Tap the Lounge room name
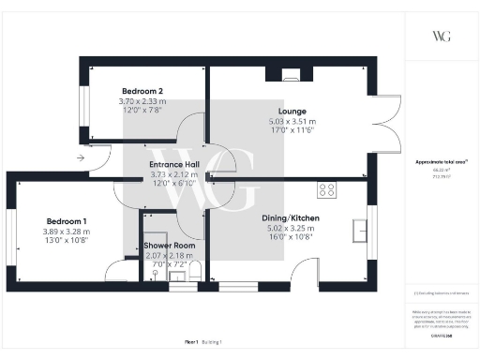[292, 112]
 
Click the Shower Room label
[169, 246]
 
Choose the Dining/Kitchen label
[292, 217]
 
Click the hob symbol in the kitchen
[327, 190]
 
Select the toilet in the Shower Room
[194, 273]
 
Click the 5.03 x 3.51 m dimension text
[292, 122]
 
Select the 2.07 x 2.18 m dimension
[169, 256]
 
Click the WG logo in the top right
[442, 36]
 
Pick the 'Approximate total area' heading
[441, 162]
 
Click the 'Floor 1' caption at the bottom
[193, 343]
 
